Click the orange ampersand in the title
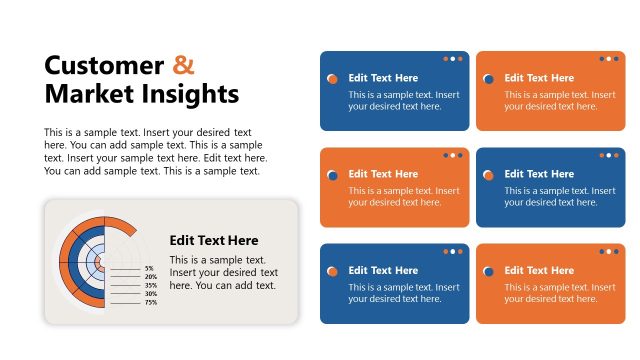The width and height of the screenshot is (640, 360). (x=183, y=66)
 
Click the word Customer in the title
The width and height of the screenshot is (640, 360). (x=104, y=66)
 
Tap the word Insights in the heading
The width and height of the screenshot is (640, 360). (x=190, y=94)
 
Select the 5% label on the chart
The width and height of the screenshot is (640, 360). (x=150, y=268)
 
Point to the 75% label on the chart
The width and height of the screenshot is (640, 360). (x=150, y=302)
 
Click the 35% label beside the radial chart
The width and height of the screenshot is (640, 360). (x=150, y=285)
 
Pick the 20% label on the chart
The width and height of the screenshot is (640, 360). (x=150, y=277)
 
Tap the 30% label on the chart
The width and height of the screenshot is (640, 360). (x=150, y=294)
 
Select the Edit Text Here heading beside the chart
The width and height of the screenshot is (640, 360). (x=214, y=240)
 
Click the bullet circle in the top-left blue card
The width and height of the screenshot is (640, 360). (x=332, y=78)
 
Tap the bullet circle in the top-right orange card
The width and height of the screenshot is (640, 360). (x=488, y=78)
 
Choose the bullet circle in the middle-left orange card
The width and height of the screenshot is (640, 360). (x=332, y=175)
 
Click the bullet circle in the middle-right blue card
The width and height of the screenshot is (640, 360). (x=488, y=175)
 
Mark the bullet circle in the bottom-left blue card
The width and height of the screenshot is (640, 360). (x=332, y=271)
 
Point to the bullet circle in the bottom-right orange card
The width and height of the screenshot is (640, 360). (x=488, y=271)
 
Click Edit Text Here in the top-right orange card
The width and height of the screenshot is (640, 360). (x=539, y=78)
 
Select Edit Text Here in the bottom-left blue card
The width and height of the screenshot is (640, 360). (x=383, y=270)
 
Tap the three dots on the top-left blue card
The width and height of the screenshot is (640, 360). (x=452, y=59)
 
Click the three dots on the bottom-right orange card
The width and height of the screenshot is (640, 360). (x=608, y=251)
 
